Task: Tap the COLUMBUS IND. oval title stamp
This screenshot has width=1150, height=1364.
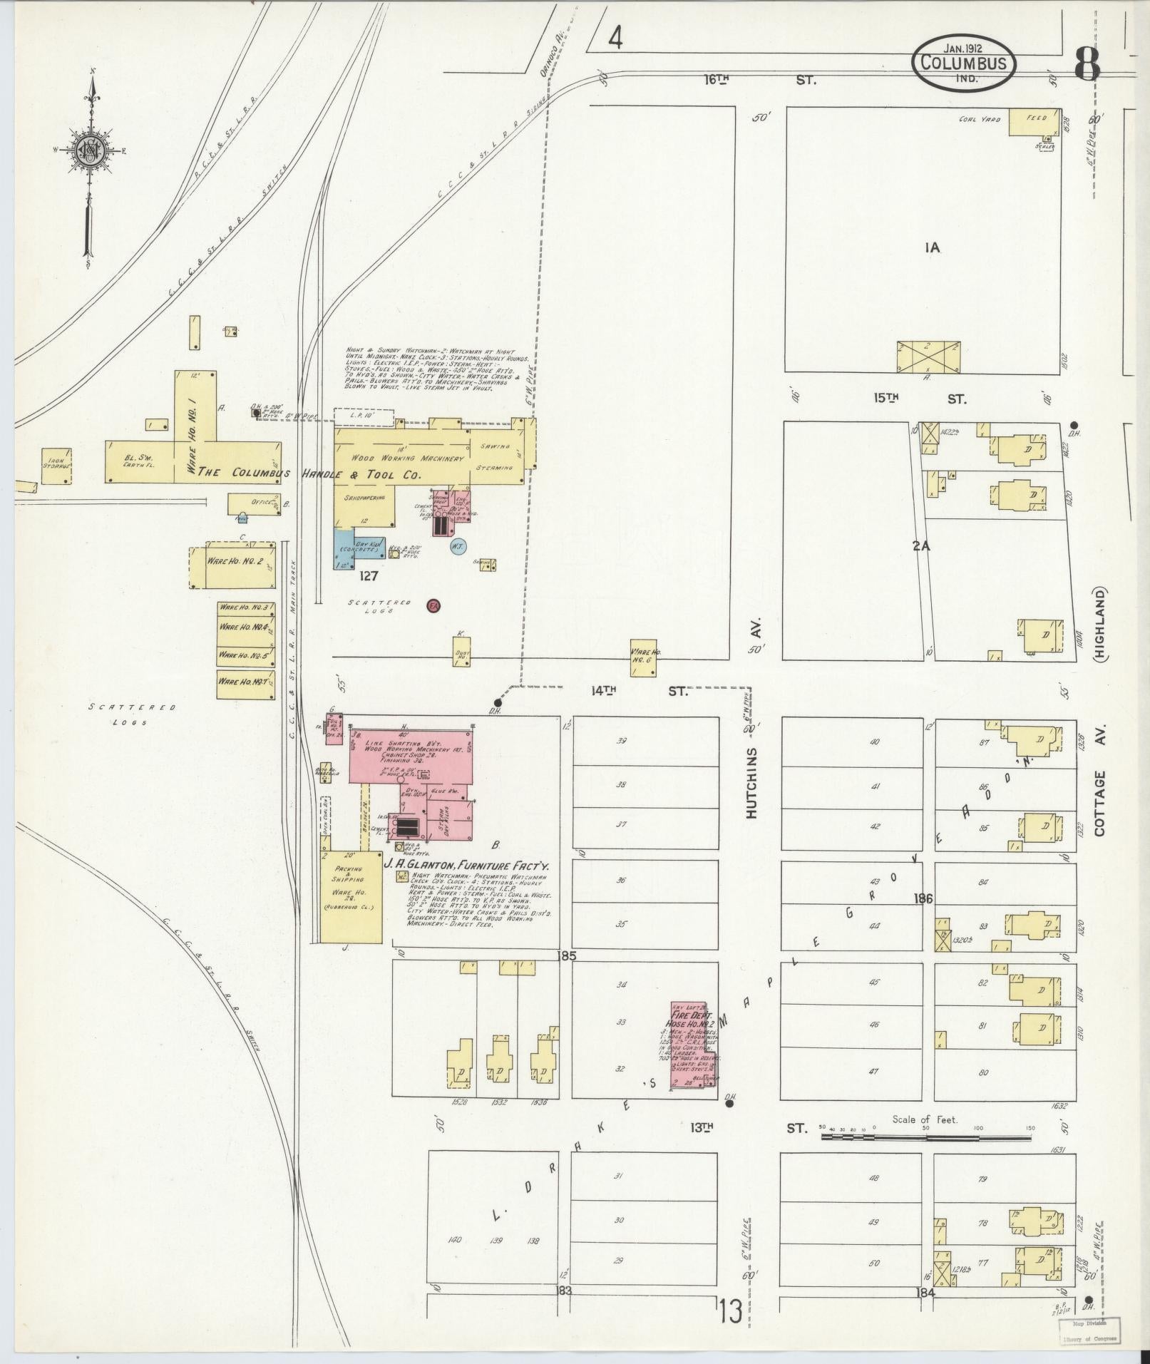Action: (x=963, y=63)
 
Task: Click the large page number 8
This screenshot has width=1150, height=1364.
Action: (x=1087, y=66)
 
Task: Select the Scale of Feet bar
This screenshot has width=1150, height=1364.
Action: (x=925, y=1135)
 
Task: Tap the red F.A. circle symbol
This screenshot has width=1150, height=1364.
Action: (x=433, y=606)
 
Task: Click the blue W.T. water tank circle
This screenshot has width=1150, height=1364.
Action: (x=458, y=547)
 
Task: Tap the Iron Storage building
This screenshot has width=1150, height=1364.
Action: (x=56, y=466)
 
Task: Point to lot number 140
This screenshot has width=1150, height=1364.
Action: (x=454, y=1239)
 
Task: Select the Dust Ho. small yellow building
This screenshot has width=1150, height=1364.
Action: (x=461, y=652)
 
